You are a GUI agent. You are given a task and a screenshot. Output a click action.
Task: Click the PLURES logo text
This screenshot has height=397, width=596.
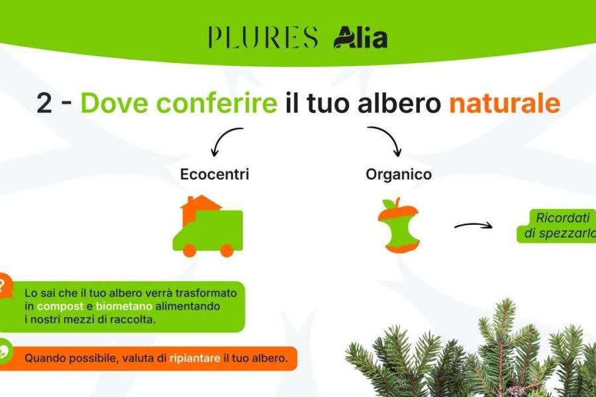pos(263,37)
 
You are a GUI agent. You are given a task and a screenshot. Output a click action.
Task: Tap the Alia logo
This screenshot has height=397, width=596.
pos(361,37)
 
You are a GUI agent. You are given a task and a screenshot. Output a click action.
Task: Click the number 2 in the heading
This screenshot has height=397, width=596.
pos(44,103)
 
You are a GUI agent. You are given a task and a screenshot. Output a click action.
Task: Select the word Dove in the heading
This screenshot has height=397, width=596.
pos(114,103)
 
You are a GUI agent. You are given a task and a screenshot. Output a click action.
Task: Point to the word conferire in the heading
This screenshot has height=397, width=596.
pos(217,103)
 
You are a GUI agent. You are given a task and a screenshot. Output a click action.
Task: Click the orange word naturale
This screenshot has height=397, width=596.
pos(505,103)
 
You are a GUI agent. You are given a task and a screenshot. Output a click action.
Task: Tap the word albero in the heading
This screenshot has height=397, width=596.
pos(399,103)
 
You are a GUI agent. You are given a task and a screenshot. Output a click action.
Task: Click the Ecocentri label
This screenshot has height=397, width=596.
pos(215,175)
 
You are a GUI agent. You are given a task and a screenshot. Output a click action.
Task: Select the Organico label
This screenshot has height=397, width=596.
pos(399,175)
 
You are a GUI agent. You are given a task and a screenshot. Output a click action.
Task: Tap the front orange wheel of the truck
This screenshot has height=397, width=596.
pos(189,250)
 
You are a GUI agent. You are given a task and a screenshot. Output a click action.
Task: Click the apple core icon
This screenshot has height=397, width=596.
pos(399,225)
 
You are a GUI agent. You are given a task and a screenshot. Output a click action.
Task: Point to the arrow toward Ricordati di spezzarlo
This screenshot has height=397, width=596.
pos(473,226)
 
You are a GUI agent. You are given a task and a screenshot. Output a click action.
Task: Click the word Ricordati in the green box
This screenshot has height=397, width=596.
pos(562,218)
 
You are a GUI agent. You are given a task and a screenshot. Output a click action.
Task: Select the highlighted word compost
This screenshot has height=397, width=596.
pos(60,306)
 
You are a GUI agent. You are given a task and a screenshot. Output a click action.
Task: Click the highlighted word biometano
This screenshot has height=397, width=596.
pos(124,306)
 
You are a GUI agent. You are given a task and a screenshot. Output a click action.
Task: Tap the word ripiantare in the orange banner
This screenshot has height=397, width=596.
pos(195,358)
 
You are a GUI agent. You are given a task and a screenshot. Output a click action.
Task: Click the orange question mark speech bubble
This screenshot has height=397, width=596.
pos(5,286)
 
